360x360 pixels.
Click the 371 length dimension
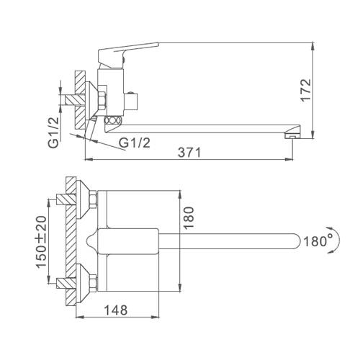[x=189, y=152]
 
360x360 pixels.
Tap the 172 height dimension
[x=306, y=90]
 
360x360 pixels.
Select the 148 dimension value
[x=116, y=310]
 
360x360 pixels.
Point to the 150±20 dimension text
[x=41, y=242]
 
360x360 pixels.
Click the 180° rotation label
[x=318, y=241]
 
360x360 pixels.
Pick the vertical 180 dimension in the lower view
[x=189, y=217]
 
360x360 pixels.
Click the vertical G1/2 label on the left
[x=53, y=132]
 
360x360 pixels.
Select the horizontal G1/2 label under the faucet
[x=135, y=143]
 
